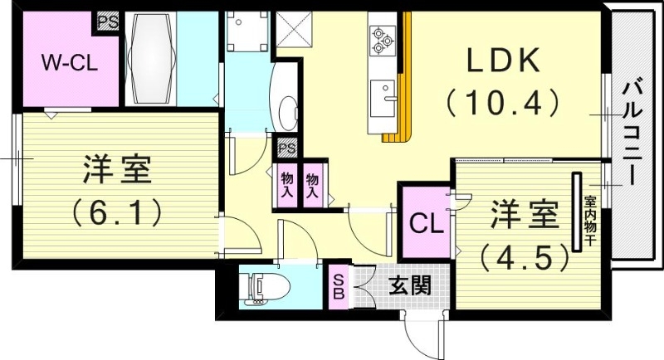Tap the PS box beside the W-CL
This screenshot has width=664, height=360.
click(108, 21)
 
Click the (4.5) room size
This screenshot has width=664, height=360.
click(525, 255)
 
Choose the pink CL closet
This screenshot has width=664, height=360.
click(424, 222)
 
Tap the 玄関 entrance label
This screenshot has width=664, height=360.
click(409, 286)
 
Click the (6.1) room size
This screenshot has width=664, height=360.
click(116, 213)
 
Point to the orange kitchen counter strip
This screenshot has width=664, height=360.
click(404, 83)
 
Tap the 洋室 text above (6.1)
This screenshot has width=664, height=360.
click(116, 171)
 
